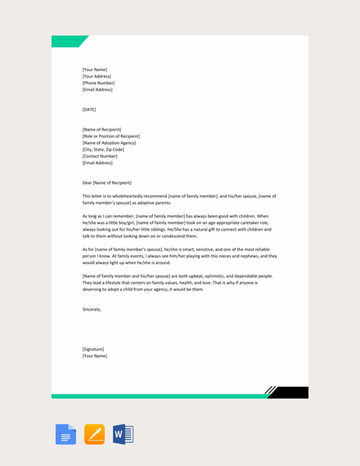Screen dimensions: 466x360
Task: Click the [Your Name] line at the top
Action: click(x=95, y=69)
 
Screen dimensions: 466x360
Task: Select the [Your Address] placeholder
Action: click(x=97, y=76)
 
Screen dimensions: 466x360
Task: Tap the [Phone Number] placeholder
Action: click(x=98, y=83)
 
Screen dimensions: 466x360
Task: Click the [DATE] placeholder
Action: click(x=89, y=110)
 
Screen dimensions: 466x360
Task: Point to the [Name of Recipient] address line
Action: click(x=102, y=129)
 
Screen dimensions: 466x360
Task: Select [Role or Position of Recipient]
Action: click(x=111, y=136)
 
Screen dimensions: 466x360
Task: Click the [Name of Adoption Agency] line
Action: click(x=110, y=143)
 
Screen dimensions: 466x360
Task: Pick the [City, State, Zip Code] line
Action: click(x=104, y=150)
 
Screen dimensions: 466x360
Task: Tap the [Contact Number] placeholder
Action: click(x=100, y=156)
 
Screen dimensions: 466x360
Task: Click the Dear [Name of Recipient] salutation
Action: click(x=107, y=183)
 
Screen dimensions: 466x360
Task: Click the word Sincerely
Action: click(x=92, y=309)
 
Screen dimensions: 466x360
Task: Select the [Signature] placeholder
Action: click(x=93, y=349)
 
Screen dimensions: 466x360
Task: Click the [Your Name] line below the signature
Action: click(x=95, y=356)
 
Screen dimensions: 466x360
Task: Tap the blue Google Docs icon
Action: click(x=66, y=434)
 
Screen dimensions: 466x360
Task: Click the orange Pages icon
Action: click(x=95, y=434)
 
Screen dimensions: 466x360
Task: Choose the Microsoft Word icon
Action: click(x=123, y=434)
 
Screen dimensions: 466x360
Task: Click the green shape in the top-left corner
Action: click(x=67, y=41)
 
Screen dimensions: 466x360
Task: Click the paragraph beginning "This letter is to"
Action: click(x=179, y=199)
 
